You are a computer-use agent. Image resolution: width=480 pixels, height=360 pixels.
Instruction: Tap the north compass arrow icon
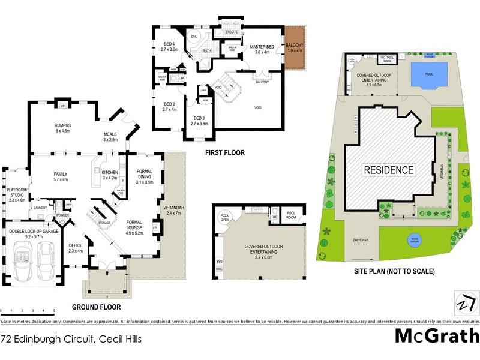(x=463, y=302)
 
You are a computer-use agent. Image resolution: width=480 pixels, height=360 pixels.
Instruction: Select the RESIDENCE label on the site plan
(x=389, y=170)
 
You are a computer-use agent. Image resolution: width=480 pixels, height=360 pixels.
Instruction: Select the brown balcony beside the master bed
(x=295, y=47)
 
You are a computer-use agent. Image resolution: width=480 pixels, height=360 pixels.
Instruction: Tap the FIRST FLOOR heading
(x=224, y=153)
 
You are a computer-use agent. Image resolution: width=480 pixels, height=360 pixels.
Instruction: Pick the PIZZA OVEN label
(x=226, y=216)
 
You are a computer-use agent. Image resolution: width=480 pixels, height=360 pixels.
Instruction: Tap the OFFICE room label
(x=75, y=248)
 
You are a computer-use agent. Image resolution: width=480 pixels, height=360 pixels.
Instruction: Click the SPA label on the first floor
(x=194, y=37)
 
